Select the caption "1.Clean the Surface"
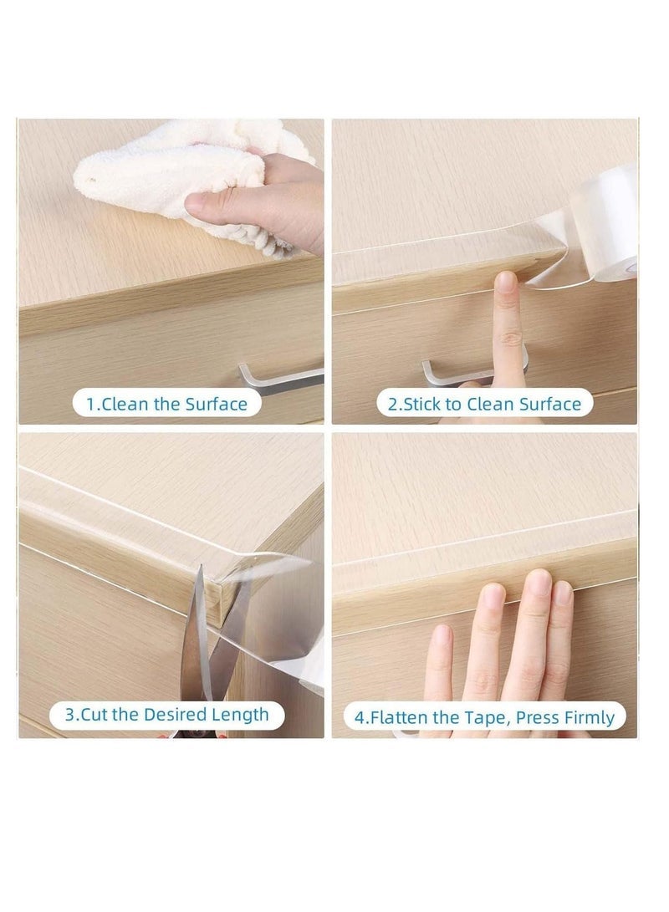(167, 404)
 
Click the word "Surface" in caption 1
(216, 404)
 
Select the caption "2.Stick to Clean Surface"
(483, 404)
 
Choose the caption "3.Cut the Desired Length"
(167, 715)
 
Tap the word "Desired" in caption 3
(176, 715)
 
